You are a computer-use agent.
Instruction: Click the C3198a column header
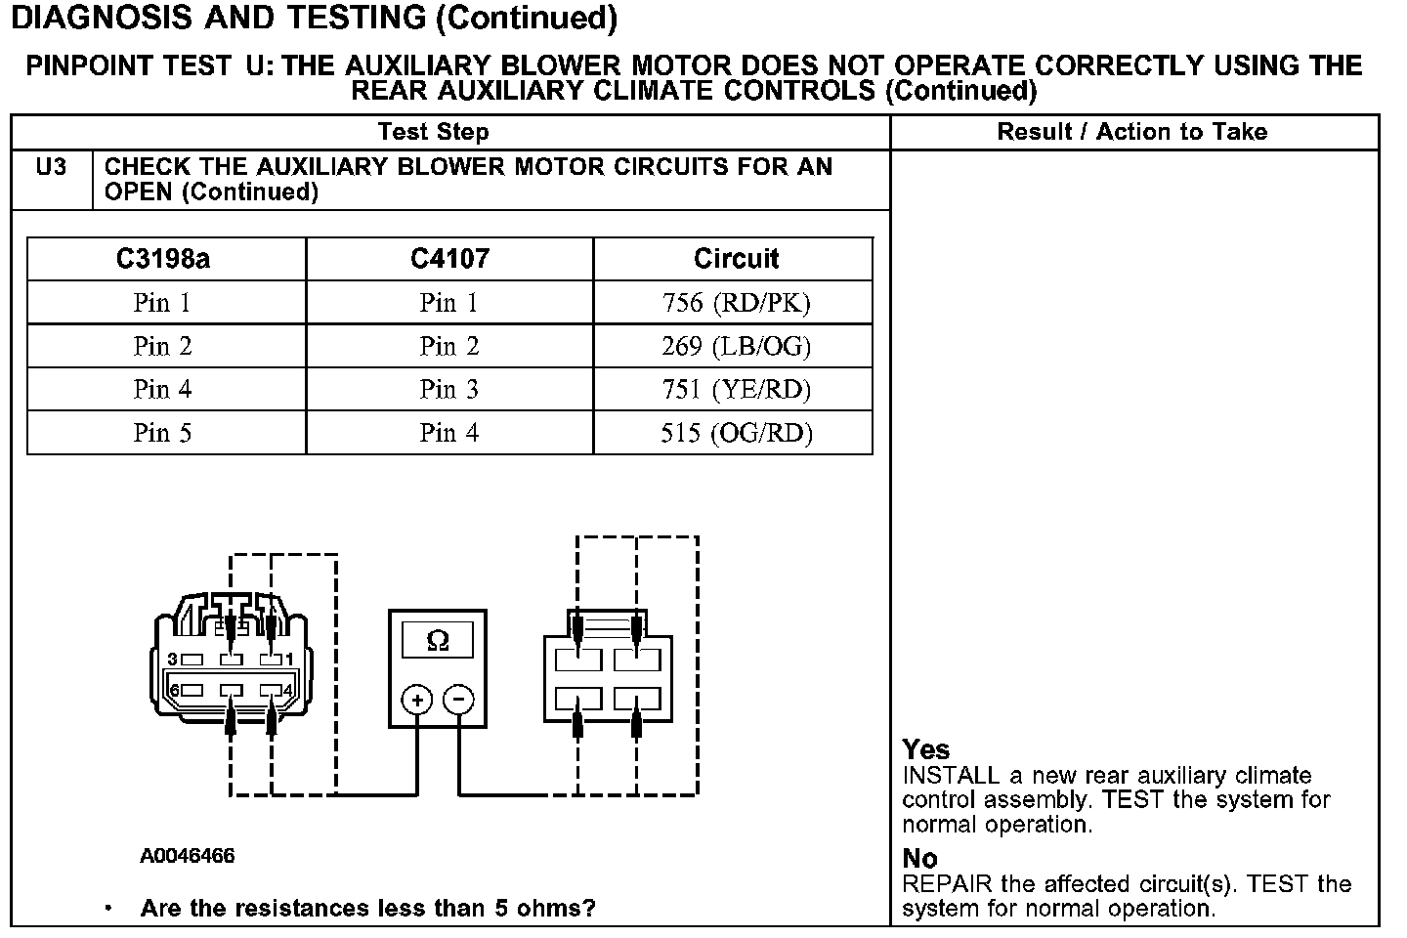(x=162, y=259)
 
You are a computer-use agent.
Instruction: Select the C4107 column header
(x=449, y=259)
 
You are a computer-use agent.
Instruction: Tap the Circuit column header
(x=736, y=259)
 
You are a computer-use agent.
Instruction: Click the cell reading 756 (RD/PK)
(x=736, y=303)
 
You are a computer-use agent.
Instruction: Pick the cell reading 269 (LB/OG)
(x=736, y=346)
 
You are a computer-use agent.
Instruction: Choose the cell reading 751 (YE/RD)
(x=736, y=390)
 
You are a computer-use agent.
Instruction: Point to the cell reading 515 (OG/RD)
(x=736, y=433)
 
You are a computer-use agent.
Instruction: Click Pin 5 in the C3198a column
(x=162, y=433)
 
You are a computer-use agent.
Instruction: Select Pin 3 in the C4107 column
(x=449, y=390)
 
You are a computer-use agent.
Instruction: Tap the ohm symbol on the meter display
(x=438, y=641)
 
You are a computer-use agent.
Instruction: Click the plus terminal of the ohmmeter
(x=416, y=700)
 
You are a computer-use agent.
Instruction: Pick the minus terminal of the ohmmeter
(x=458, y=700)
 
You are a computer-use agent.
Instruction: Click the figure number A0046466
(x=187, y=857)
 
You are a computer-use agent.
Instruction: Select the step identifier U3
(x=51, y=167)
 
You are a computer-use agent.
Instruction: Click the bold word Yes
(x=925, y=749)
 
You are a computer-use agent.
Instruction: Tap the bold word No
(x=919, y=858)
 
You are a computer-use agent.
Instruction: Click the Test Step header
(x=433, y=132)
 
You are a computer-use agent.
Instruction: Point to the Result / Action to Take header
(x=1131, y=132)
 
